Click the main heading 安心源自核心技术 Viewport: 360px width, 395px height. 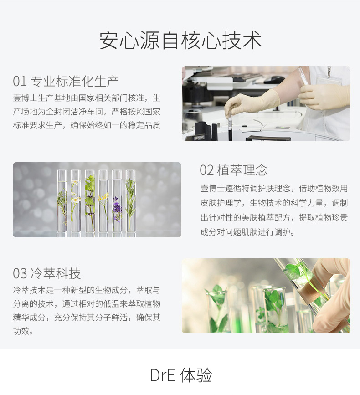180,41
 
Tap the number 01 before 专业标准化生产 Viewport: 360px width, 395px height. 20,82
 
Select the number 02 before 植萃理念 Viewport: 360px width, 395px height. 206,170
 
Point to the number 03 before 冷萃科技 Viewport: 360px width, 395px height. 20,273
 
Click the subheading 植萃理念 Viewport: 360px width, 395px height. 242,170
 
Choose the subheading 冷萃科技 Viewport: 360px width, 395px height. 56,273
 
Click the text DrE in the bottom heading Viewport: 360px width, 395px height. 163,375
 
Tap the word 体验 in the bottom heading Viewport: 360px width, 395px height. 196,375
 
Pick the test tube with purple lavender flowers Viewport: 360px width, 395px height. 117,201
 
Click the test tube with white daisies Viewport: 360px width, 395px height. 75,201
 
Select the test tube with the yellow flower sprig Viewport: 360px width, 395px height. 103,201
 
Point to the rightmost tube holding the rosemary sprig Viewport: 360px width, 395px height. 130,201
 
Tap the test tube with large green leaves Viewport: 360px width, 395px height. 90,201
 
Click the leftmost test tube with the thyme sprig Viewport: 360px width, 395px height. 62,201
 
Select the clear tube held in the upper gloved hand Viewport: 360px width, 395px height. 303,77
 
